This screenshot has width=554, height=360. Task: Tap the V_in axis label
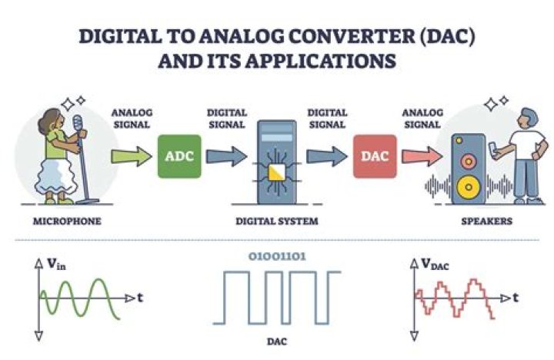(x=55, y=265)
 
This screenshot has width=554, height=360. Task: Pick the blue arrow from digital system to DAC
(x=326, y=156)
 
